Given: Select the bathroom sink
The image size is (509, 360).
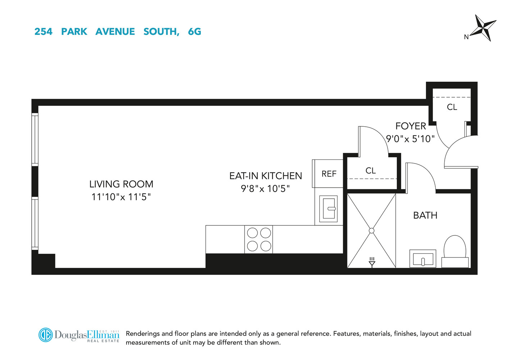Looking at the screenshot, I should [423, 259].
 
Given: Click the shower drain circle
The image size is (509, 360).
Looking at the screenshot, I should [372, 230].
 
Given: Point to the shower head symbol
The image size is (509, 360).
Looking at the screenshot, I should [372, 262].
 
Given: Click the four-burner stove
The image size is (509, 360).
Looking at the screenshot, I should [259, 239].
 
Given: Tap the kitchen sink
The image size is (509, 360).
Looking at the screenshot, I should [328, 208].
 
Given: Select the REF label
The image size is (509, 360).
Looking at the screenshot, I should [329, 174].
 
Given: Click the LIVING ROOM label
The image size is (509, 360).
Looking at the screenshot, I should [121, 184].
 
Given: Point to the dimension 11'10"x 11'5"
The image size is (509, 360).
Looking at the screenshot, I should [121, 197].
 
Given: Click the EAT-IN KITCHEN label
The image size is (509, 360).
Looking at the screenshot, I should [265, 176].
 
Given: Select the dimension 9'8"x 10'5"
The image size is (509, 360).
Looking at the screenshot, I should [265, 189].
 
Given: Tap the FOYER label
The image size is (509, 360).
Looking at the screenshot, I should [410, 126].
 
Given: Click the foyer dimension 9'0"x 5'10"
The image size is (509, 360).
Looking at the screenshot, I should [410, 139].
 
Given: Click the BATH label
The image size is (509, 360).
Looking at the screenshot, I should [425, 215].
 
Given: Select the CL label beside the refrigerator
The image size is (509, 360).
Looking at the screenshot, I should [371, 171].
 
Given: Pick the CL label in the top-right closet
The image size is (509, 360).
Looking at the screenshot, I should [452, 107].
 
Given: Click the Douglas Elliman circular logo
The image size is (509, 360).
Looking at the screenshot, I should [46, 335].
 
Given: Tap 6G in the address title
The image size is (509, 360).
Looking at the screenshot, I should [194, 32].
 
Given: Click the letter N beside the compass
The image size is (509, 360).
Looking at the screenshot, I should [466, 37].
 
